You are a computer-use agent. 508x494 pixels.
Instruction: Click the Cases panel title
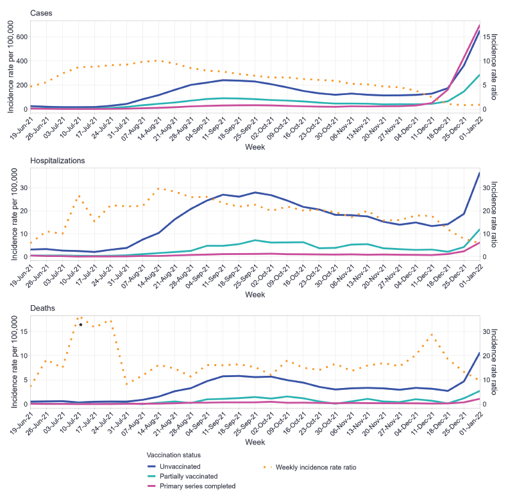tap(41, 13)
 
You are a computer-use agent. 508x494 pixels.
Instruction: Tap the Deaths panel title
tap(42, 308)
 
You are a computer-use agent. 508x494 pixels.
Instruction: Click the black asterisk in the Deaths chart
tap(81, 324)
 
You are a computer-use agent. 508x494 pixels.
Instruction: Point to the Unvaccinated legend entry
tap(180, 466)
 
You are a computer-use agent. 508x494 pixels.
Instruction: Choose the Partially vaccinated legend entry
tap(189, 476)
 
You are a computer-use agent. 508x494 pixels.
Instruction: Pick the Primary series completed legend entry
tap(196, 486)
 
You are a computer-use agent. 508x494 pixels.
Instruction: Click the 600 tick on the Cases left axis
tap(22, 37)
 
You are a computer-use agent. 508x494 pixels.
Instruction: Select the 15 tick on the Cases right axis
tap(488, 37)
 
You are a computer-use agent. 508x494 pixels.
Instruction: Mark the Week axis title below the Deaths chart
tap(255, 443)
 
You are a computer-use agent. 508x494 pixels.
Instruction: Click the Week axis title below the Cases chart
tap(255, 147)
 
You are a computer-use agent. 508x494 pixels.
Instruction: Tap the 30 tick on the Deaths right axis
tap(488, 331)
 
